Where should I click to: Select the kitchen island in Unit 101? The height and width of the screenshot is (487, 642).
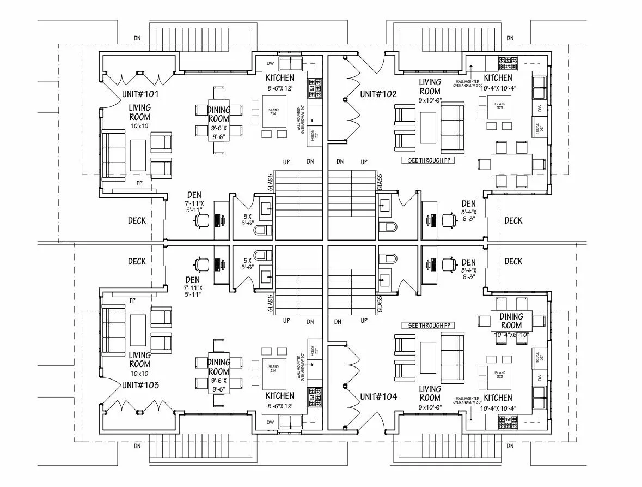273,112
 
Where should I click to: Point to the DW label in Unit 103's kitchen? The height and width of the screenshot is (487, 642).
270,422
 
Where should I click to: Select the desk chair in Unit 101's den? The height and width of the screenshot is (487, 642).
203,220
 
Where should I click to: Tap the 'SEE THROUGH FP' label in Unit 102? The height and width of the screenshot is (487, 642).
428,160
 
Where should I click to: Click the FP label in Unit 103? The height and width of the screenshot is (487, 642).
132,300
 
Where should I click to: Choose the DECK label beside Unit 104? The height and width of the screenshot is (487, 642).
513,261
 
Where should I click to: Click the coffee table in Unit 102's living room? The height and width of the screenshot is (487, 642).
428,128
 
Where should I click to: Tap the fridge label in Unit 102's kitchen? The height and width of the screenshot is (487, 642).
537,129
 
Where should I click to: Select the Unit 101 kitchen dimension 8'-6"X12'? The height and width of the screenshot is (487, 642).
280,88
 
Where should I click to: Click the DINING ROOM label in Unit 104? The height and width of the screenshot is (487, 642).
511,320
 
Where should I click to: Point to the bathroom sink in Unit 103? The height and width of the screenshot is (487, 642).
266,275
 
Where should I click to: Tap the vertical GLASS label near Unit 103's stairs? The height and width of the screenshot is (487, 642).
270,300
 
